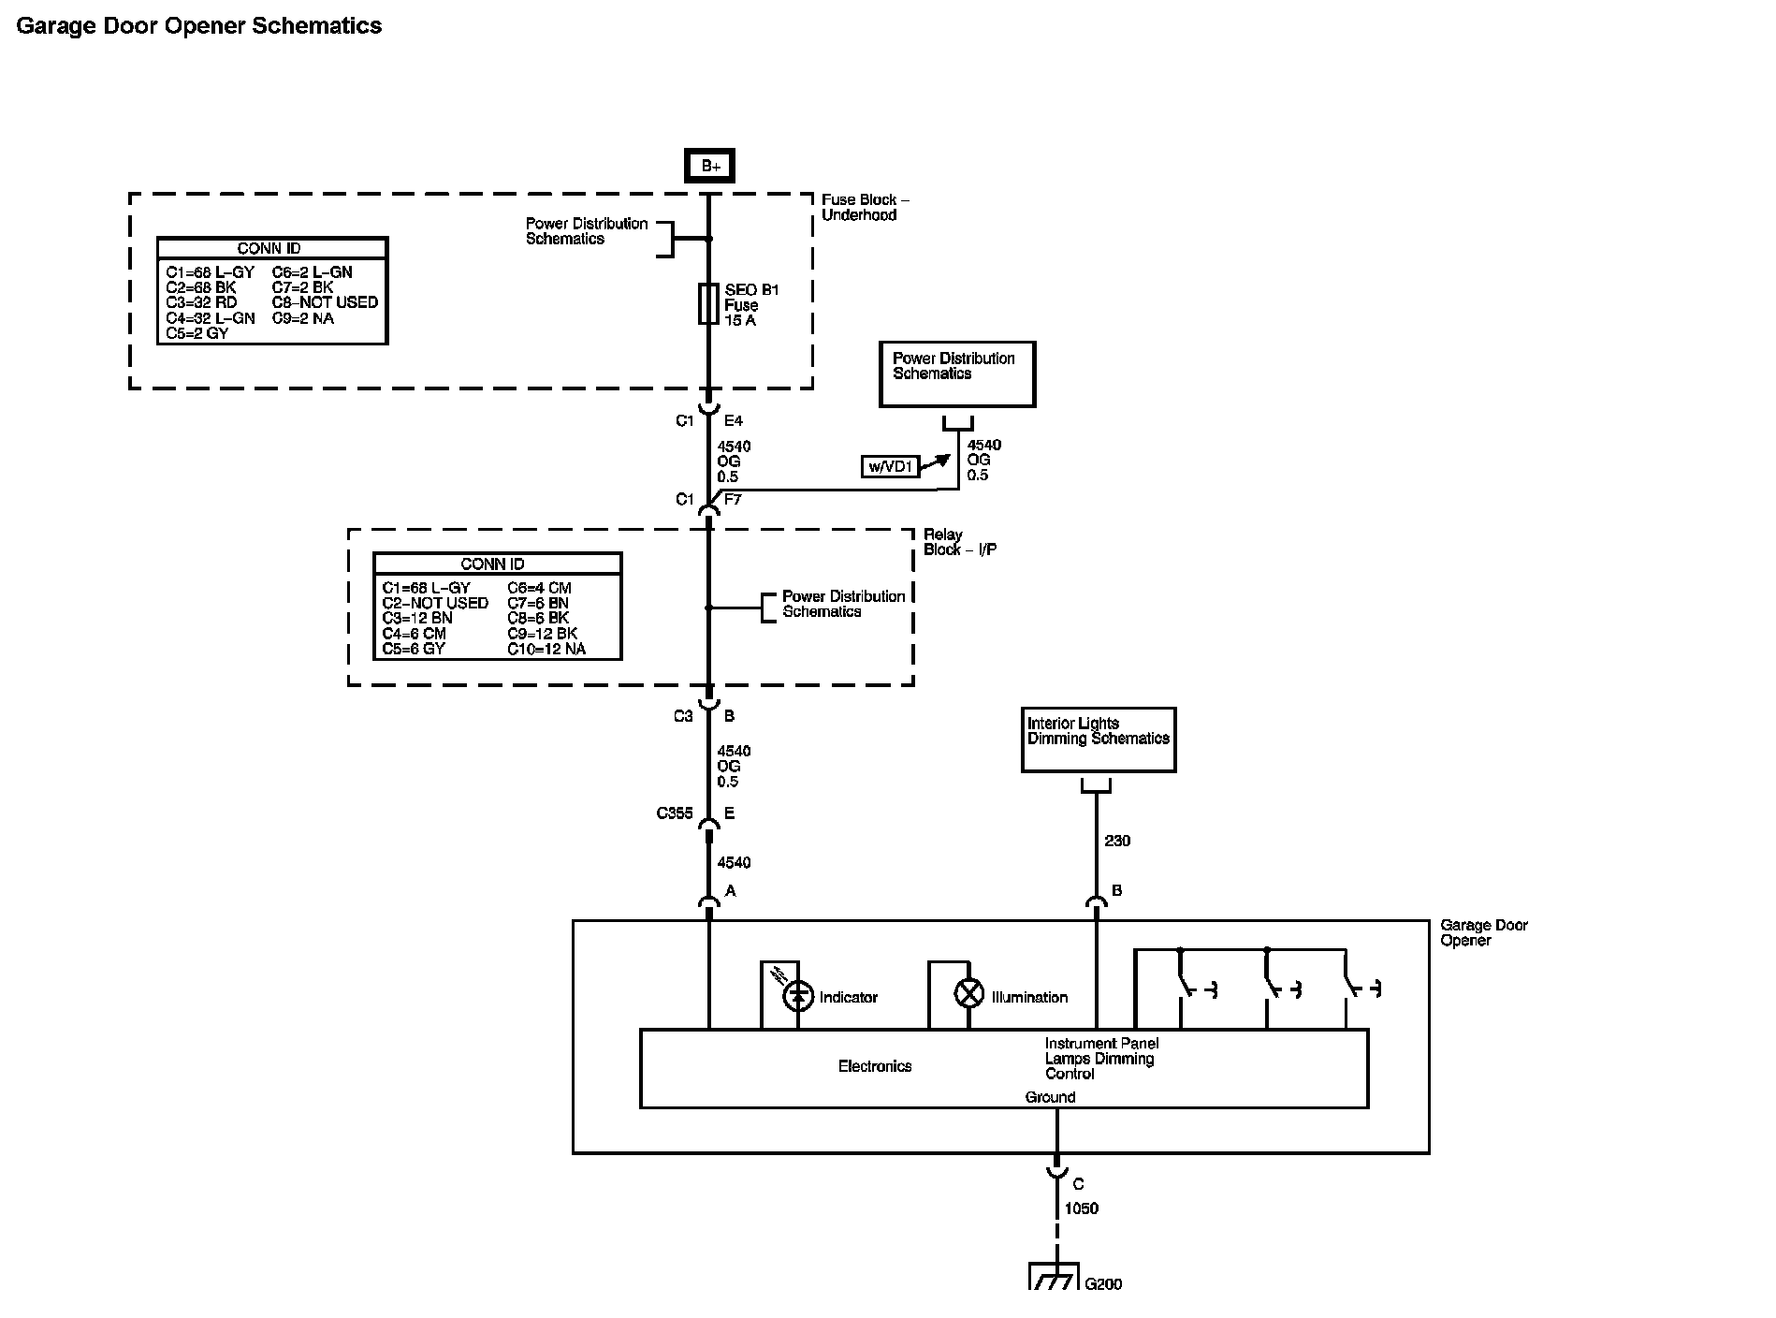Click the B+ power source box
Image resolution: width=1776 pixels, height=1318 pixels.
coord(709,166)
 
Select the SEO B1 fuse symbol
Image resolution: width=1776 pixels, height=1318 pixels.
coord(708,304)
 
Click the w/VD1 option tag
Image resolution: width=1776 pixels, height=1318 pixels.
coord(889,465)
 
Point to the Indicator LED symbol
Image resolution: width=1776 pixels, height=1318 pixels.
coord(798,995)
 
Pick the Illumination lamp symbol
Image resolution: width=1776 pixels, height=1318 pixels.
coord(969,993)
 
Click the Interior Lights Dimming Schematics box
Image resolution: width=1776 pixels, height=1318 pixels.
coord(1098,740)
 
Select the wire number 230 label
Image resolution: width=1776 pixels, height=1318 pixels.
coord(1117,841)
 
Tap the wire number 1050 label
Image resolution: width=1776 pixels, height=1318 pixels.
coord(1081,1208)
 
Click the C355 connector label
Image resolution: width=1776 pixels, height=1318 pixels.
coord(675,813)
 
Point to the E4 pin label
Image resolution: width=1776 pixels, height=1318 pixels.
coord(734,421)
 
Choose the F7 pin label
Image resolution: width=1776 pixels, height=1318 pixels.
coord(733,500)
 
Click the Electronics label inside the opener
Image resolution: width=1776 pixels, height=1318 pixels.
coord(874,1066)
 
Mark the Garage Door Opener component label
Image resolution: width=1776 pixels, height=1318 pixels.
coord(1483,932)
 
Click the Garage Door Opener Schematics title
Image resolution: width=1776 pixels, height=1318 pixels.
coord(199,26)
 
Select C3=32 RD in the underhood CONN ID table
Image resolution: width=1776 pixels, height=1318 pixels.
coord(202,302)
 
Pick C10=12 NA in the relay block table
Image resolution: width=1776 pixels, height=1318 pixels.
coord(546,649)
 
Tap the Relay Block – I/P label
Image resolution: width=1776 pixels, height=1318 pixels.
coord(959,542)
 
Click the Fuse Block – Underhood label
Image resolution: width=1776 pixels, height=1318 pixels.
coord(865,207)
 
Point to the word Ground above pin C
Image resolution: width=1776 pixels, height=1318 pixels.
coord(1050,1097)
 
